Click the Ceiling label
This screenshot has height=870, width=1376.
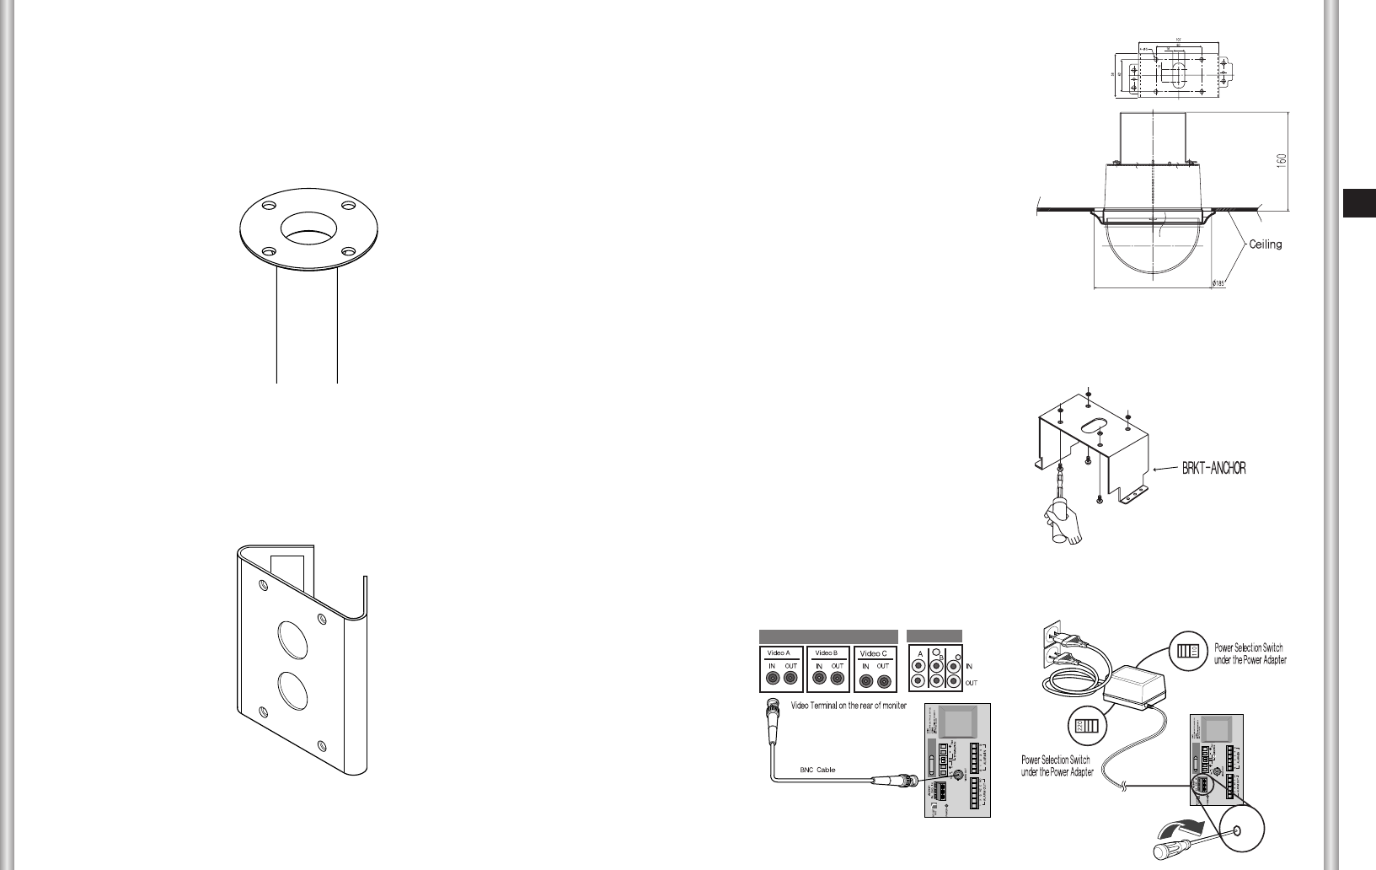(x=1265, y=244)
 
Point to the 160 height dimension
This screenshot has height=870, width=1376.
(x=1281, y=159)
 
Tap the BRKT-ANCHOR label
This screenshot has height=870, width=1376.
(x=1207, y=469)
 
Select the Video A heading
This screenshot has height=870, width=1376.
(x=779, y=652)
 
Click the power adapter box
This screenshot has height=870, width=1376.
(x=1133, y=679)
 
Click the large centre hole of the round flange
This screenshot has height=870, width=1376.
(x=308, y=227)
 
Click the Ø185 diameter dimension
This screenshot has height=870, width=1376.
(x=1218, y=283)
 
